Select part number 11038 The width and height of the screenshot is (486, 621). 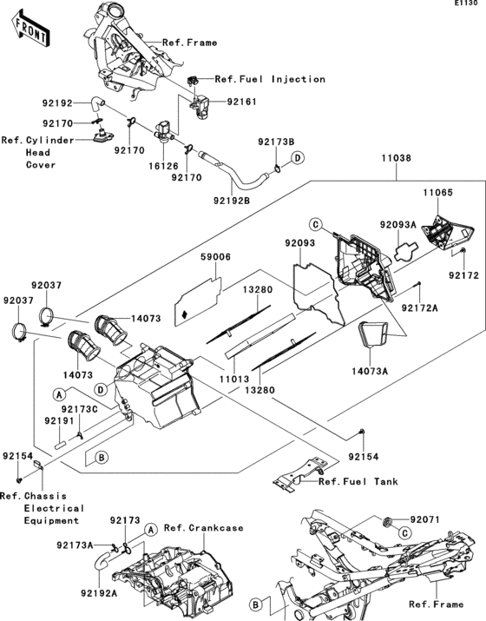396,158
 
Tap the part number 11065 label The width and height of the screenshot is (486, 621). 437,193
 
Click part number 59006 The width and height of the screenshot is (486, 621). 215,257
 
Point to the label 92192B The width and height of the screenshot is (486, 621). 232,201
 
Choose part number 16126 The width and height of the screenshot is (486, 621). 163,166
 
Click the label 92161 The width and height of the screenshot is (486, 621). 241,102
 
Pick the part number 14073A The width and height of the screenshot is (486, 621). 370,371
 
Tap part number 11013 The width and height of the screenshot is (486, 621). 234,379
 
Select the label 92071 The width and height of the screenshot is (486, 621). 424,519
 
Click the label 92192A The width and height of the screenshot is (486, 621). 99,593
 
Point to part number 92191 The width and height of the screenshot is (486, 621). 59,420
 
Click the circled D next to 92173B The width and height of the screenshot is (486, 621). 298,158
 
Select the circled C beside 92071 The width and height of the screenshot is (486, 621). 404,533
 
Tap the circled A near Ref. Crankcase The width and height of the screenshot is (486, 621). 149,529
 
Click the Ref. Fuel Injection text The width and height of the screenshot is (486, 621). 270,79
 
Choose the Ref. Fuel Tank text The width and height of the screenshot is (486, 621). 358,481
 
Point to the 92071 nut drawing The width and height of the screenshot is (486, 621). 388,522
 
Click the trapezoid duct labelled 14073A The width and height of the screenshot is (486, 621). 373,334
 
